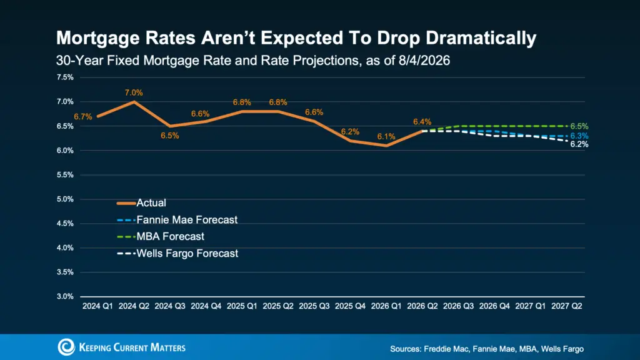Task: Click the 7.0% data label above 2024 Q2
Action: point(134,92)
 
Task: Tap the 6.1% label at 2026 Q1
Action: point(386,136)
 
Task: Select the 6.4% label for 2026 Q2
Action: point(422,122)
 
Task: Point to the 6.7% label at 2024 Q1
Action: point(83,117)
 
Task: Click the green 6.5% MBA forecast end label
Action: point(579,126)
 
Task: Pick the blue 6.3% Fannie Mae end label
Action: point(579,136)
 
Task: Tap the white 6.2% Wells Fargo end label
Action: point(579,144)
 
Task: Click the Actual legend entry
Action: point(142,203)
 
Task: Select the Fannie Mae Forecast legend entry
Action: point(177,219)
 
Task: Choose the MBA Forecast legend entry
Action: point(161,236)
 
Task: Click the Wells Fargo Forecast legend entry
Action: point(177,254)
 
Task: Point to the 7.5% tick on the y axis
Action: point(65,77)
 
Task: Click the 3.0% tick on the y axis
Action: point(65,296)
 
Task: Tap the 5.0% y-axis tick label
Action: point(65,199)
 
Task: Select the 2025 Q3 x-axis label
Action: point(314,306)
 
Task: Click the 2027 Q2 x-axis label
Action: point(566,306)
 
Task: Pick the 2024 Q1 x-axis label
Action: point(97,306)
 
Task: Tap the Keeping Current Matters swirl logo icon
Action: point(66,347)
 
